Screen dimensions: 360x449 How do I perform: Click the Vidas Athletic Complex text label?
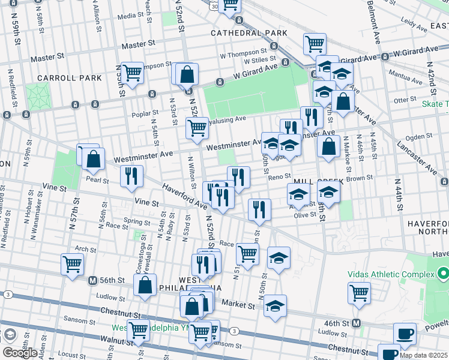(x=391, y=274)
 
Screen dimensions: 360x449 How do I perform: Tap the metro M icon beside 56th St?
(x=92, y=280)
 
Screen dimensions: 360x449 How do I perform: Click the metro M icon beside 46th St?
(x=357, y=323)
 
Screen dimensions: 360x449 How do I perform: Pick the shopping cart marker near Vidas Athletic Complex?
(x=359, y=292)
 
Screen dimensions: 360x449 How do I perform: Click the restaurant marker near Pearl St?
(x=131, y=175)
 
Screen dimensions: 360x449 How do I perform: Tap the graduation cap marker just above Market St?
(x=275, y=304)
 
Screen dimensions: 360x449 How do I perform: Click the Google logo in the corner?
(x=20, y=352)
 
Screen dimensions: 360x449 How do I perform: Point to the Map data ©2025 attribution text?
(x=423, y=355)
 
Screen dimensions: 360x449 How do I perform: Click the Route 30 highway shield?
(x=214, y=6)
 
